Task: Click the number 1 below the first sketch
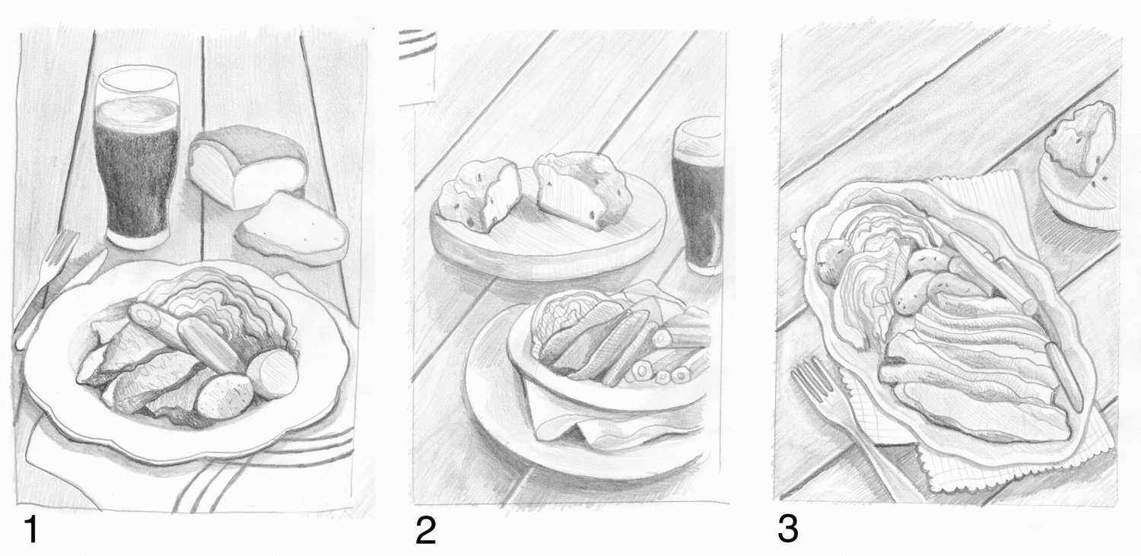click(x=32, y=529)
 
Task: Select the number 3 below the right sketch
click(x=787, y=529)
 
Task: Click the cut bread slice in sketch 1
click(x=292, y=229)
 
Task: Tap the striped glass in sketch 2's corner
click(x=418, y=66)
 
